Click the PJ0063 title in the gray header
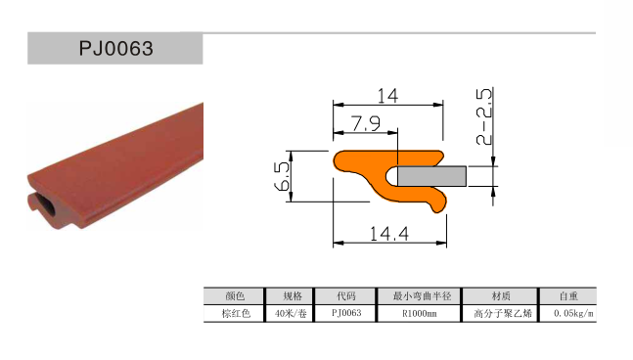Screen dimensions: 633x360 pyautogui.click(x=115, y=49)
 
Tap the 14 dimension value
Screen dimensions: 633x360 pyautogui.click(x=387, y=96)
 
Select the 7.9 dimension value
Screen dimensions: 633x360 pyautogui.click(x=365, y=123)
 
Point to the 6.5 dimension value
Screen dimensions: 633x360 pyautogui.click(x=282, y=176)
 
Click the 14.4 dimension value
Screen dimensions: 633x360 pyautogui.click(x=389, y=234)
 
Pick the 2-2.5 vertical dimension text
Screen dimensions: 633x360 pyautogui.click(x=484, y=116)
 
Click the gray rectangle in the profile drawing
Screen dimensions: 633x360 pyautogui.click(x=431, y=176)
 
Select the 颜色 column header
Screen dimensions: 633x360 pyautogui.click(x=235, y=296)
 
